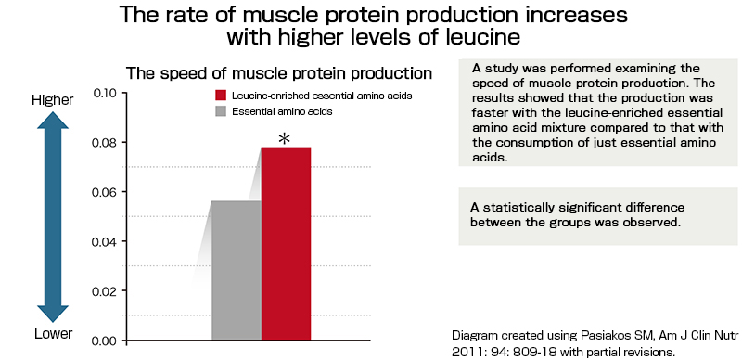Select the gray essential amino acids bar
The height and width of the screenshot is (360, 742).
tap(237, 270)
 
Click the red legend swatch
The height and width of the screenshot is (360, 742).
tap(221, 96)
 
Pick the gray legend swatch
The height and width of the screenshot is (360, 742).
tap(221, 111)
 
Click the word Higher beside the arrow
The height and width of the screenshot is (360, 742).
tap(52, 100)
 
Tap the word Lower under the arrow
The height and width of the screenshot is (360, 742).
tap(52, 334)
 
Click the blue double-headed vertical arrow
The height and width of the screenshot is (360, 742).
tap(52, 215)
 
